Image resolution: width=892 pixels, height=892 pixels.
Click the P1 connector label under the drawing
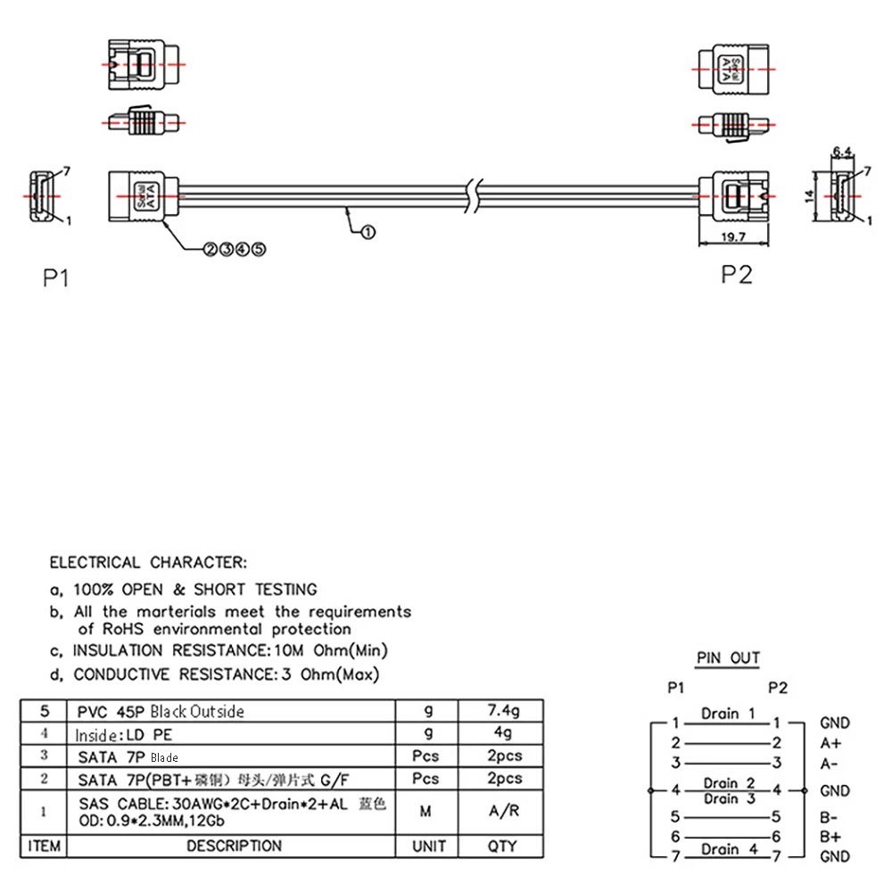point(56,278)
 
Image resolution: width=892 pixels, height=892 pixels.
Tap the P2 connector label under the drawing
point(737,274)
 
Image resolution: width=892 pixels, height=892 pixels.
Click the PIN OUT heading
point(728,658)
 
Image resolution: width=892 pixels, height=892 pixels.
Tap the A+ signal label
point(830,743)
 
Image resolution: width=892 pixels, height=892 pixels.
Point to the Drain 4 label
point(729,849)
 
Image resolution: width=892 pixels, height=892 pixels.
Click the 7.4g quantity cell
point(502,711)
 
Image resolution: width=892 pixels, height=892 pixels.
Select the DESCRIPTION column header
point(234,846)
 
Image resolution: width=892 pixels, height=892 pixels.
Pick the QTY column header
point(502,846)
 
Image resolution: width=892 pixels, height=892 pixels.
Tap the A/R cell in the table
point(502,812)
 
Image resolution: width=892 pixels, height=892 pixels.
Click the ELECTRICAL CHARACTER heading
point(147,563)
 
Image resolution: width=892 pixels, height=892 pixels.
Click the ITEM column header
point(43,846)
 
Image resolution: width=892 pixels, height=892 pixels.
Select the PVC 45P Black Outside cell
point(161,711)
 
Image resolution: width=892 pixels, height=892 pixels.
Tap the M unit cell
point(427,812)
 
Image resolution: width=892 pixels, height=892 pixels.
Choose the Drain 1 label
point(729,714)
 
